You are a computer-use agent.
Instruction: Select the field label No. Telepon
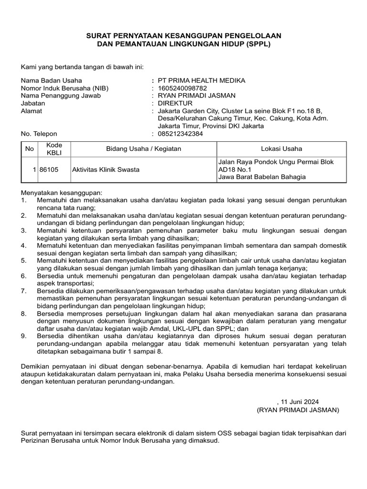tap(39, 134)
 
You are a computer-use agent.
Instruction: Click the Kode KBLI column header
tap(51, 149)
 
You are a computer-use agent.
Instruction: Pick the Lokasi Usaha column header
tap(281, 149)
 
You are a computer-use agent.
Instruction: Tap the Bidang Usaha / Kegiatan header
tap(143, 149)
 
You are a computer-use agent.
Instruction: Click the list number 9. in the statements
tap(24, 335)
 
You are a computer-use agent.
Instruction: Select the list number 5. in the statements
tap(24, 260)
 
